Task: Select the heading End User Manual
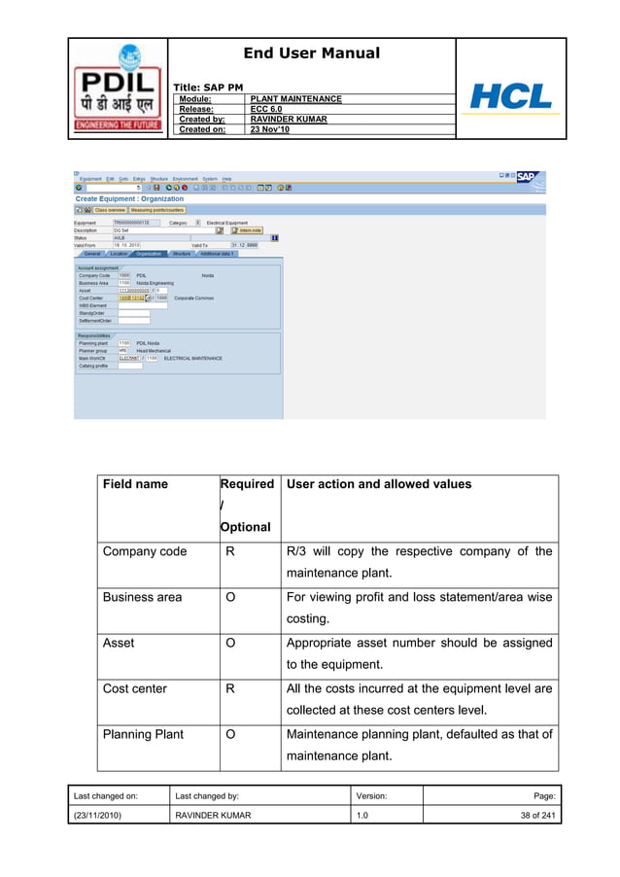[x=311, y=53]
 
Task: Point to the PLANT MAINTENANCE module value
[x=295, y=100]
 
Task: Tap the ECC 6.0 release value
[x=267, y=110]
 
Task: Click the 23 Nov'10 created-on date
[x=270, y=129]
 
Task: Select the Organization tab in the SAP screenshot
[x=149, y=254]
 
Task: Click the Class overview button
[x=109, y=209]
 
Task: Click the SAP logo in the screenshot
[x=526, y=177]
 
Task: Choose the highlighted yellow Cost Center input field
[x=130, y=298]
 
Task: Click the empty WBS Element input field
[x=134, y=305]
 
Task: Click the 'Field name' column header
[x=135, y=484]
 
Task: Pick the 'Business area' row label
[x=142, y=597]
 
